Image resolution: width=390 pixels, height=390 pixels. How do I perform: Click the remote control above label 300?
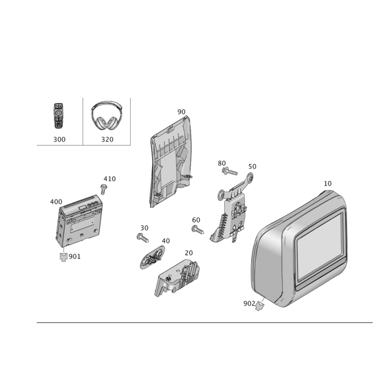coord(58,116)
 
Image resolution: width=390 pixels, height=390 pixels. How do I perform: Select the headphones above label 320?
coord(107,116)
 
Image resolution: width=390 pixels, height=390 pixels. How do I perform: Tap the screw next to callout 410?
coord(103,189)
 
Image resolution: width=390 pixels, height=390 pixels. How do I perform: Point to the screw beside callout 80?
coord(230,171)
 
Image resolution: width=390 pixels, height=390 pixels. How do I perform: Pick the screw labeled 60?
coord(198,230)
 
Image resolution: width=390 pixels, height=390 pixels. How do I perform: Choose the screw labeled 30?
coord(143,238)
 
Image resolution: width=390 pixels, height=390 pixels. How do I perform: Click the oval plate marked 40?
coord(153,257)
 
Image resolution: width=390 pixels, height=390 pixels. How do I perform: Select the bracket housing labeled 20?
coord(177,277)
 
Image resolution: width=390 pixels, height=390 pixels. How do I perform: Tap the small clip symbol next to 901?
coord(64,257)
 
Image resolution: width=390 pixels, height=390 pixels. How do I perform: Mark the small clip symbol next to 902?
coord(259,306)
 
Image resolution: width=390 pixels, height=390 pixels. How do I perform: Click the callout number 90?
coord(181,112)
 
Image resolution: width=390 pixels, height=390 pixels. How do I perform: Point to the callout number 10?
coord(328,184)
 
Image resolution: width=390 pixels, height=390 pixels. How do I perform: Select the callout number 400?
coord(56,202)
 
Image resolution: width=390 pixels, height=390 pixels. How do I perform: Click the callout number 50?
coord(252,166)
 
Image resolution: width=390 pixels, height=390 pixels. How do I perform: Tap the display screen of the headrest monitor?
coord(320,246)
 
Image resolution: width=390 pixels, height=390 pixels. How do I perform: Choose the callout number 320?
coord(107,139)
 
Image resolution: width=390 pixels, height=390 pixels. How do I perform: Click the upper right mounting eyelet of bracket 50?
coord(250,178)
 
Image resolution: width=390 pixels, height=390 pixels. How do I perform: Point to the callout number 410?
coord(110,179)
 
